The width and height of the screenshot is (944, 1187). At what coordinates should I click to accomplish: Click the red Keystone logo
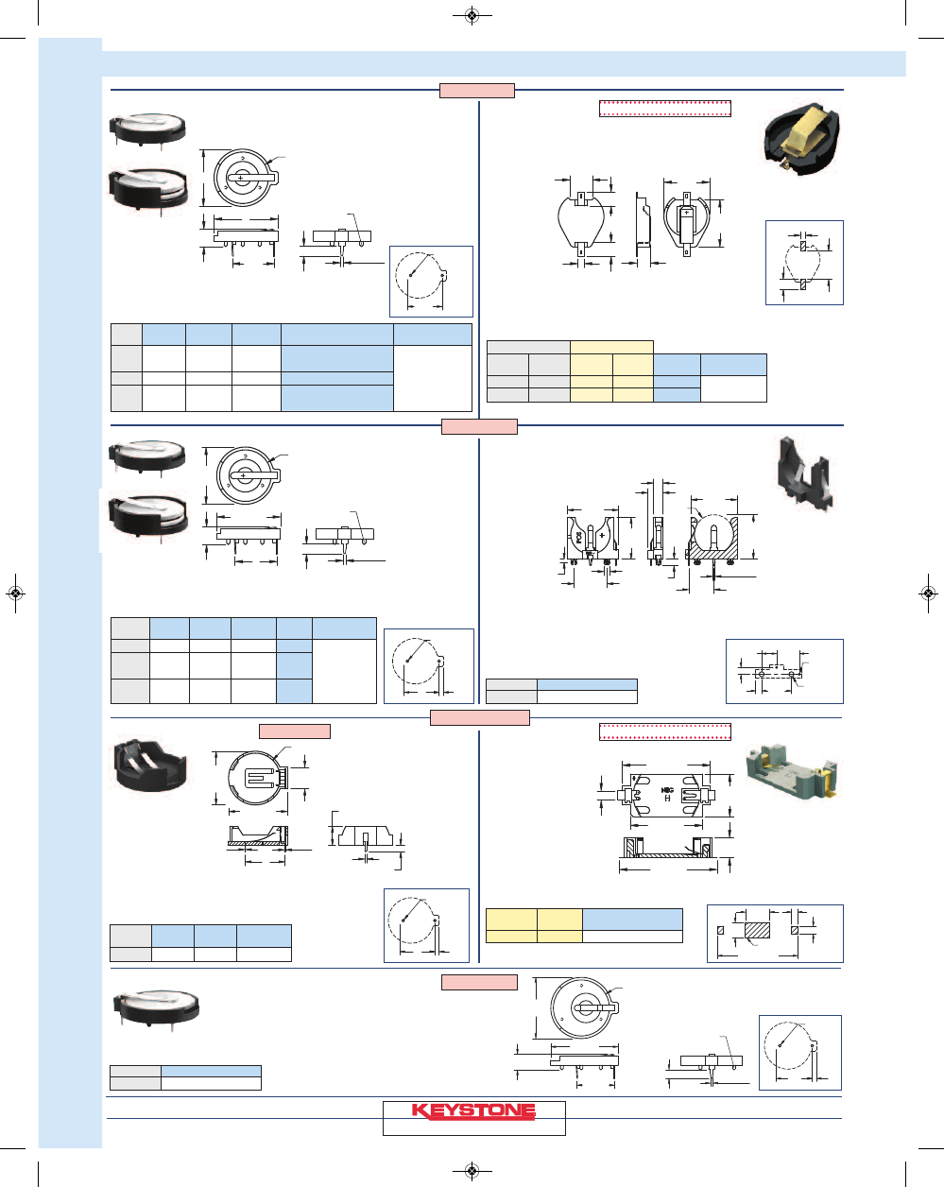[x=473, y=1110]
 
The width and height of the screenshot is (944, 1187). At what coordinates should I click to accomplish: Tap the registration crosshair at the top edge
[x=472, y=15]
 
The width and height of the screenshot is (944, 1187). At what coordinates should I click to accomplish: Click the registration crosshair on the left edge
[x=15, y=593]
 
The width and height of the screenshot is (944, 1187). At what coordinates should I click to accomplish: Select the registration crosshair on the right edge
[x=929, y=593]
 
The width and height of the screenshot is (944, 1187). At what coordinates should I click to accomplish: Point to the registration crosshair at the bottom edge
[x=472, y=1172]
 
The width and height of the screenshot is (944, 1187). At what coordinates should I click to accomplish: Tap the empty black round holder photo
[x=150, y=763]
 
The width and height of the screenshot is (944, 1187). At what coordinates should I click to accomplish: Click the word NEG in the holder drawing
[x=667, y=787]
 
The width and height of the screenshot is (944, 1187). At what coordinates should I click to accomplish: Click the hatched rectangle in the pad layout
[x=758, y=931]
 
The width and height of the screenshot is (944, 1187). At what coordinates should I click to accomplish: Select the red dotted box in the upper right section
[x=665, y=108]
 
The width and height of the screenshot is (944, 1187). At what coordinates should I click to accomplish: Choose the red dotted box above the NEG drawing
[x=665, y=731]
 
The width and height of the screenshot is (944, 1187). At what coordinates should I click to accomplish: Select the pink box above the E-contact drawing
[x=295, y=731]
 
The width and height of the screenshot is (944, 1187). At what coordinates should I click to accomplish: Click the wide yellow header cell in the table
[x=611, y=347]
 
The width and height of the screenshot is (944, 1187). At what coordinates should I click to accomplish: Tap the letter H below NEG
[x=667, y=799]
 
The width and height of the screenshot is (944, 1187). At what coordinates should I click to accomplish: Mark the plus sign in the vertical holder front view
[x=601, y=535]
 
